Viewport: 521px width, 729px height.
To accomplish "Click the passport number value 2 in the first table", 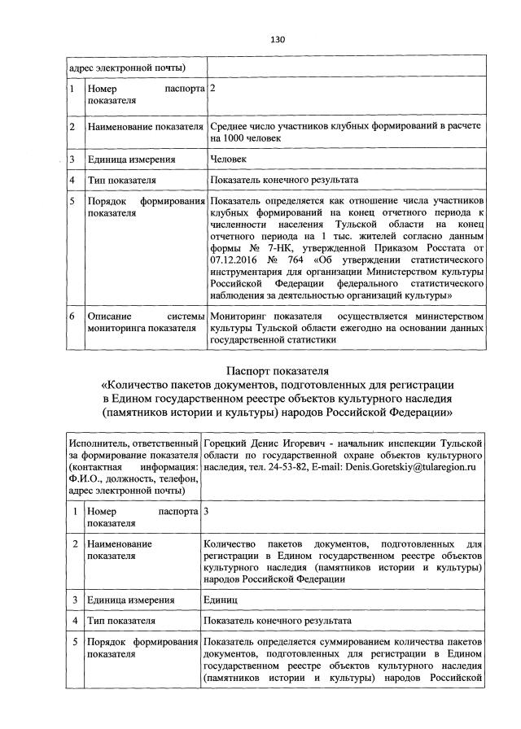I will point(213,87).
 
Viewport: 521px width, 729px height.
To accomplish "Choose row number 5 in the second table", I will point(74,645).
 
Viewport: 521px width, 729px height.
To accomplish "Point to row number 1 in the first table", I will point(72,87).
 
